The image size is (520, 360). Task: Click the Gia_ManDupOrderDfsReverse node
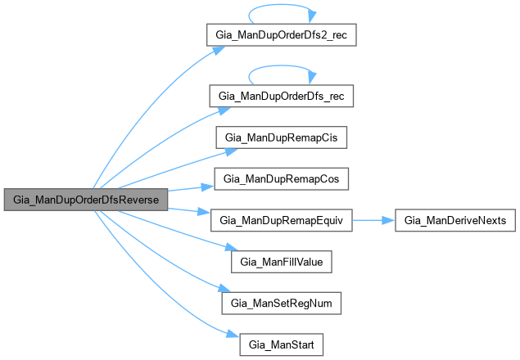pos(85,200)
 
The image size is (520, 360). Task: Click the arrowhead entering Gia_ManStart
pos(233,334)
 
